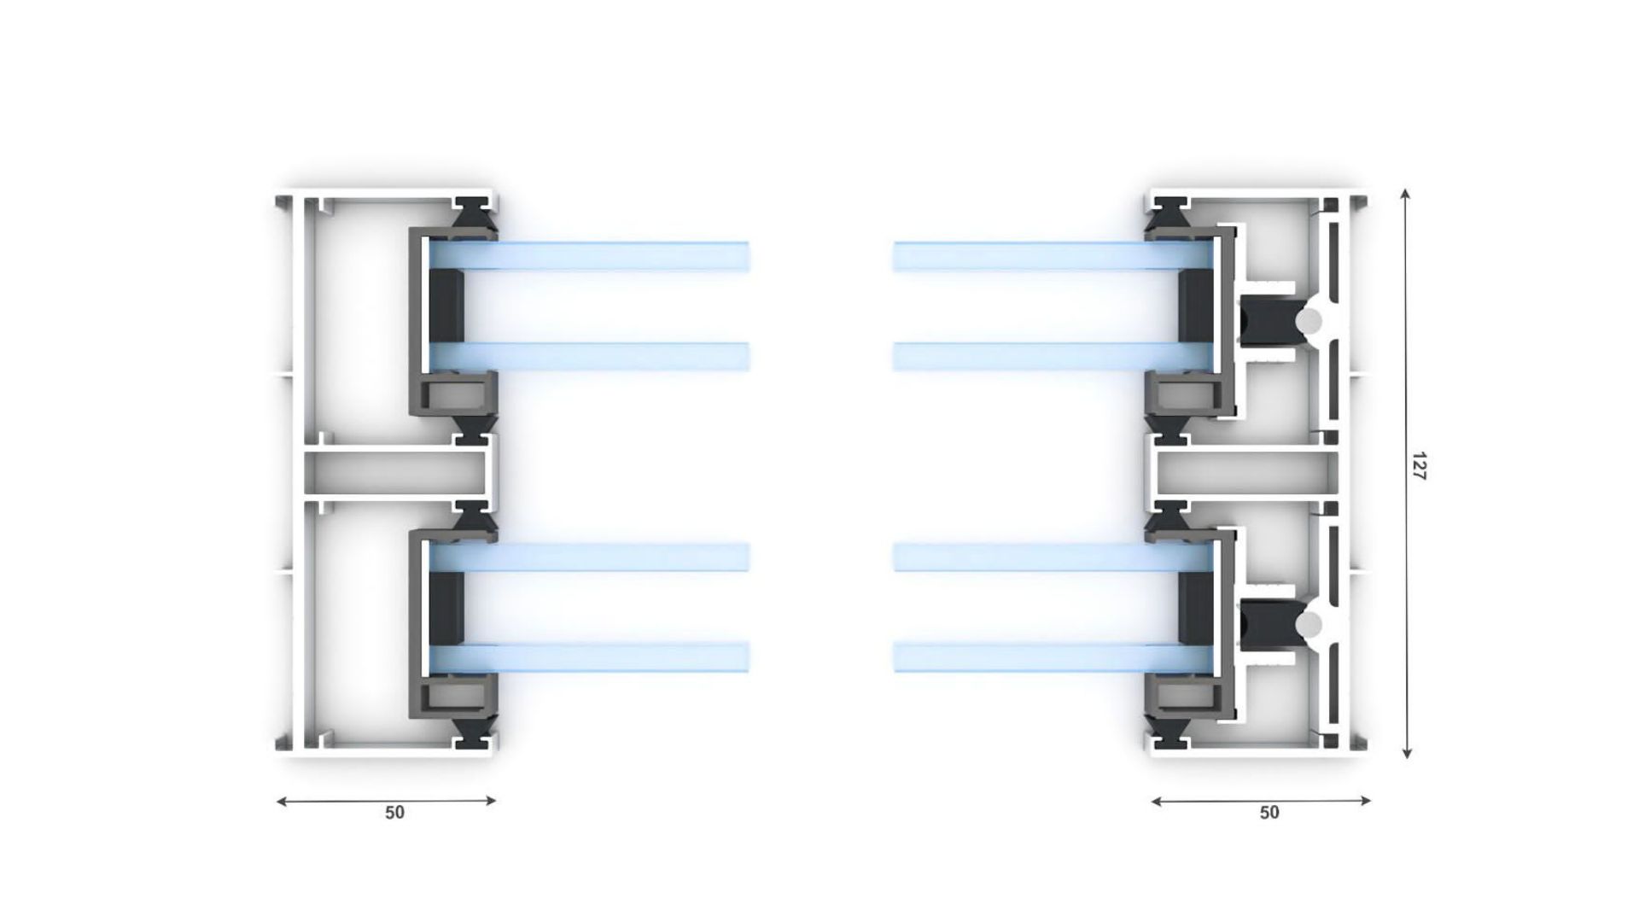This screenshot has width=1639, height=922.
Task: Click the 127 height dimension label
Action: click(1418, 466)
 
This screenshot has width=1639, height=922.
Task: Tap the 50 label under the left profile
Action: click(394, 813)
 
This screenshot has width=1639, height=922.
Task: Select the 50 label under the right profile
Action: click(1269, 813)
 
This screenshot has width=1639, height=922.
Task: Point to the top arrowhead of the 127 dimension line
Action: click(1406, 195)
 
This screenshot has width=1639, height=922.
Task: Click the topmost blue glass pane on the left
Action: click(589, 256)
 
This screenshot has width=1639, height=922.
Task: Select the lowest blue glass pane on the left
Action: click(589, 656)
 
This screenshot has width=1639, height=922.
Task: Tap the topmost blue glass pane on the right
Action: click(1053, 256)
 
